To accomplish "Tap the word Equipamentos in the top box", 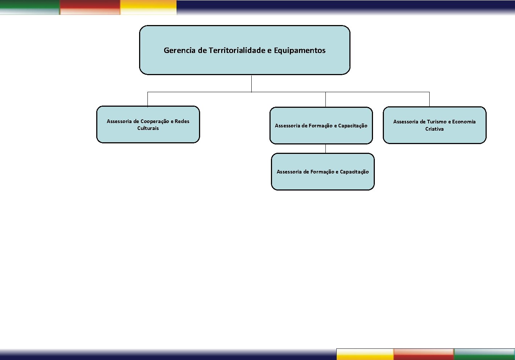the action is [x=300, y=50].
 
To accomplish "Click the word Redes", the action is [x=182, y=121].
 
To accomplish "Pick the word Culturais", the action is [x=148, y=128].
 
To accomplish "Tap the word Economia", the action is [x=464, y=122].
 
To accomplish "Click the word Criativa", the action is [x=434, y=129].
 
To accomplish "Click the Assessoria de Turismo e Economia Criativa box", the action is [x=434, y=125].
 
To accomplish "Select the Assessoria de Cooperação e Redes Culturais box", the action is [x=148, y=124].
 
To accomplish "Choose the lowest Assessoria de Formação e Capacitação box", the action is [x=323, y=172].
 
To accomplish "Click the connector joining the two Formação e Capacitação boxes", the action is [x=325, y=149].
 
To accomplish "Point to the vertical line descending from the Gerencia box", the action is [x=252, y=83].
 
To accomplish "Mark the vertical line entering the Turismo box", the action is [x=430, y=99].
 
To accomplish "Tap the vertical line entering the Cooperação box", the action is [x=147, y=99].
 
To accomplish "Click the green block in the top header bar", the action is [x=30, y=7].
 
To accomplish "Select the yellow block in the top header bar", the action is [x=148, y=7].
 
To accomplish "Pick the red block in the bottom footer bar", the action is [x=424, y=354].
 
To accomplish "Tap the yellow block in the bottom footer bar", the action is [x=365, y=354].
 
